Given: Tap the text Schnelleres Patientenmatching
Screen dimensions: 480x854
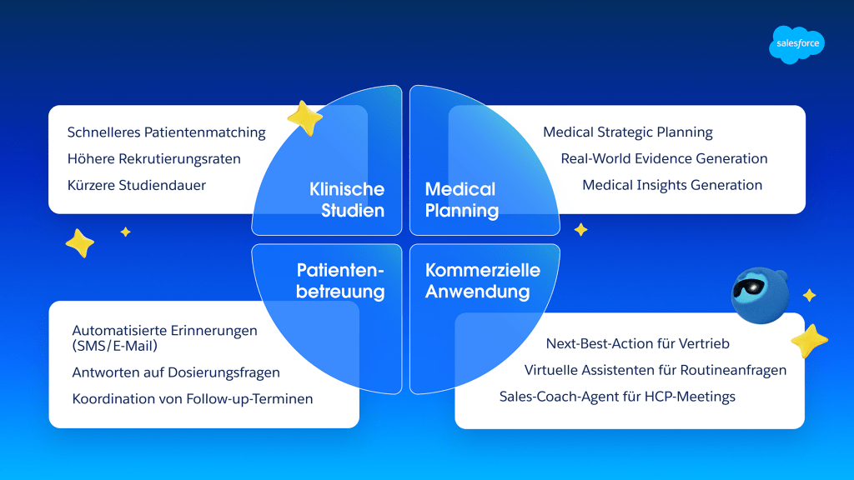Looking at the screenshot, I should [166, 132].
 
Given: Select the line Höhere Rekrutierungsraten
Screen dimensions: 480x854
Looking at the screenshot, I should [153, 158].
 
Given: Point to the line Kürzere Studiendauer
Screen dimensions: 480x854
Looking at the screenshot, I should [136, 185].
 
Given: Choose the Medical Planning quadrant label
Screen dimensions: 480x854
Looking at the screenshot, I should [461, 199].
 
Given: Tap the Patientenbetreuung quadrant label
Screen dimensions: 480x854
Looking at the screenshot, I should [340, 281].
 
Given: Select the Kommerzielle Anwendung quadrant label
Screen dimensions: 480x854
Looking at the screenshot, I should [482, 281].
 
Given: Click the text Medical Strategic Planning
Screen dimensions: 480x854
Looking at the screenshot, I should [627, 132].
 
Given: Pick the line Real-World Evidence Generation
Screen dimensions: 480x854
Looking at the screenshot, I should [664, 158].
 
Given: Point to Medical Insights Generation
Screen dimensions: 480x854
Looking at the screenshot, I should [672, 185].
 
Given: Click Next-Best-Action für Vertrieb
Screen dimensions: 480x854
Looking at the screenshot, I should [637, 343].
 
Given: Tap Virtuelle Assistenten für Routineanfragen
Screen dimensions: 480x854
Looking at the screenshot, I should [656, 370].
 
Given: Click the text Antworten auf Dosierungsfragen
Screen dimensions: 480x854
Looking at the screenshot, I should [176, 372].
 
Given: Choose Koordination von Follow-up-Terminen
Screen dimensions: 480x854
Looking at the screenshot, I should [193, 398].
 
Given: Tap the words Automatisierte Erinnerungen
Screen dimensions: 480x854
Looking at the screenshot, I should [164, 330].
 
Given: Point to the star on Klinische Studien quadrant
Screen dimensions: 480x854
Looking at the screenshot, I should [305, 118].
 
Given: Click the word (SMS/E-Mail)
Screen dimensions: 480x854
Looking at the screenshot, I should [114, 346].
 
